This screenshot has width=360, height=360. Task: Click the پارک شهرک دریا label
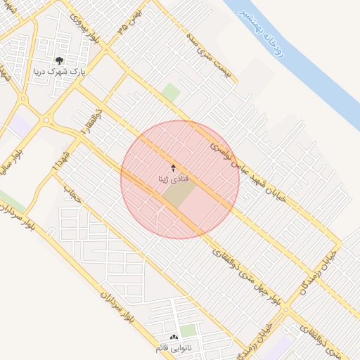59,71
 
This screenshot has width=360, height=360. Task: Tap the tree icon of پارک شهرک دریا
59,60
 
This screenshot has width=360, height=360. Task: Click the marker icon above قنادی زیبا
174,169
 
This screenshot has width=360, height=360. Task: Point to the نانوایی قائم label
174,348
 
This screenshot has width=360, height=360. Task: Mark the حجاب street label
72,194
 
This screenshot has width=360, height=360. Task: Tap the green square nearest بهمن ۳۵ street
170,93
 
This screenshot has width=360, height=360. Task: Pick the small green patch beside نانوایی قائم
188,330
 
